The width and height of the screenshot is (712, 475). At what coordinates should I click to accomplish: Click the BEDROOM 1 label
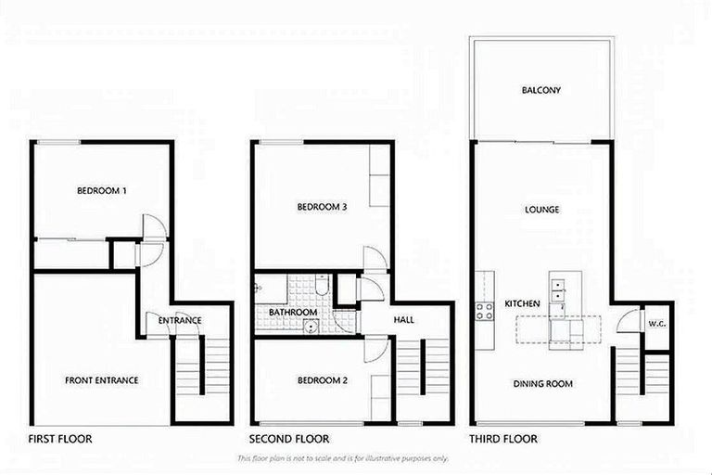[101, 191]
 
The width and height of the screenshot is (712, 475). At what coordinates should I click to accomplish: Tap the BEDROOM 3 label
[322, 207]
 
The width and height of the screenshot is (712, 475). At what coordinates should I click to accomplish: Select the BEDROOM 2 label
[322, 380]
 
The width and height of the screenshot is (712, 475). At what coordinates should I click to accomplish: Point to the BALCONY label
[540, 91]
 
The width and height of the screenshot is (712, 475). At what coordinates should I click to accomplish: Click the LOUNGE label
[540, 210]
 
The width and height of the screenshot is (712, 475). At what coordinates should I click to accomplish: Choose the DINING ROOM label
[544, 383]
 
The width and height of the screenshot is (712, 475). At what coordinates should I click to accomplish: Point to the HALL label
[402, 320]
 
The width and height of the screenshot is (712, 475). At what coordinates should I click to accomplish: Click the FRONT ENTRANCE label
[101, 380]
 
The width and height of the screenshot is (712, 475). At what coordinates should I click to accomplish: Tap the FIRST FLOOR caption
[59, 439]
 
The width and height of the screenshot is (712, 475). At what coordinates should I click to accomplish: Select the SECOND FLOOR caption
[289, 439]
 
